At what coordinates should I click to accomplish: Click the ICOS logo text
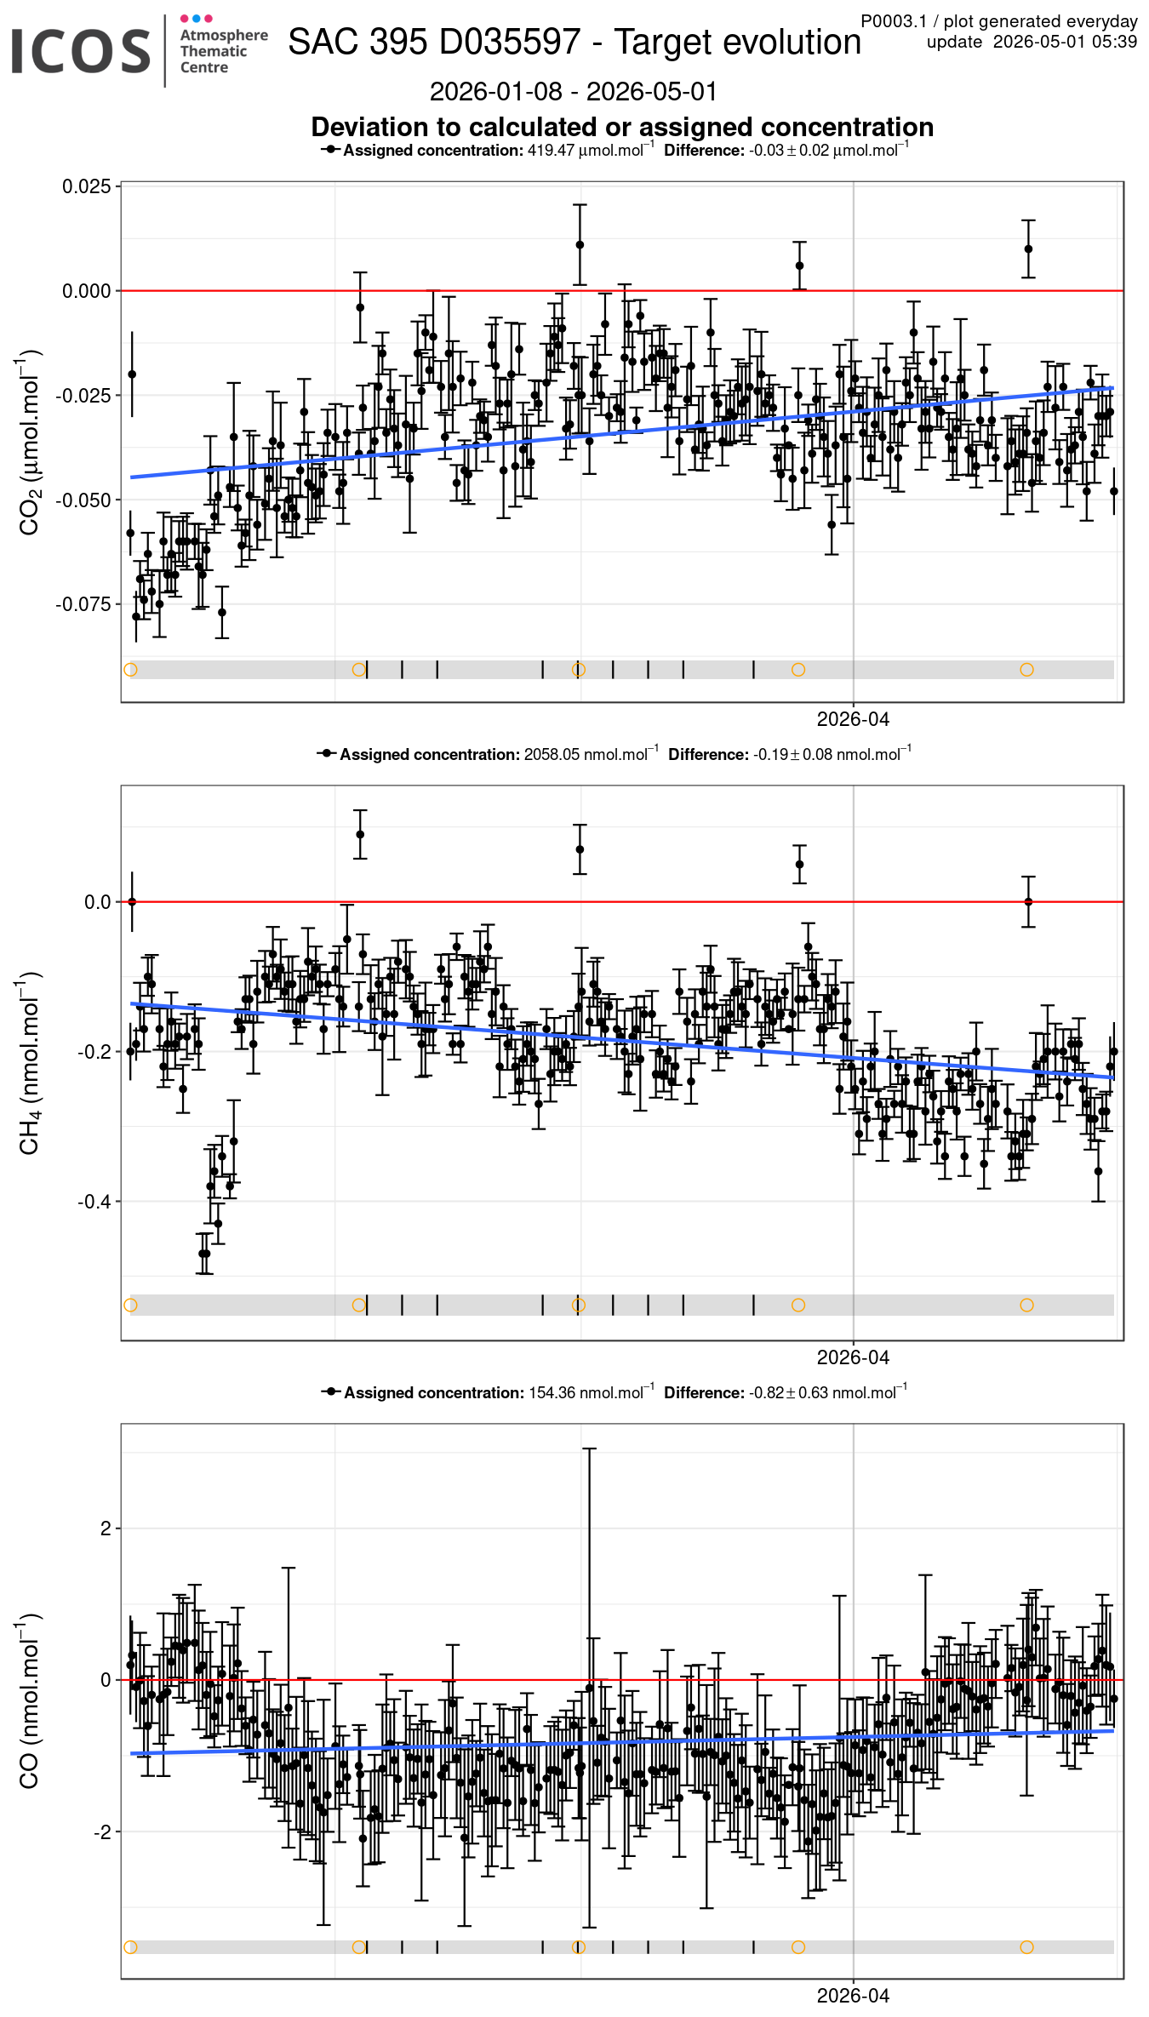coord(81,51)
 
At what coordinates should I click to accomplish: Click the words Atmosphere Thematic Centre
coord(224,51)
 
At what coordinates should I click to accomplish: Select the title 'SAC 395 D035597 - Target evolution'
coord(574,42)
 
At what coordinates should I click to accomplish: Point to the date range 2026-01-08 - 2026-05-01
coord(574,91)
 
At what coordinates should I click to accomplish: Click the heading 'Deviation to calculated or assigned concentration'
coord(622,127)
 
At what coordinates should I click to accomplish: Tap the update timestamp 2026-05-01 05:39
coord(1065,42)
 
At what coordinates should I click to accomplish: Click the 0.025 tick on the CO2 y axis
coord(87,186)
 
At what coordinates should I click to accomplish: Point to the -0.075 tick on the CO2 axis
coord(83,604)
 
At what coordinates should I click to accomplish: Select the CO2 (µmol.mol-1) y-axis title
coord(29,442)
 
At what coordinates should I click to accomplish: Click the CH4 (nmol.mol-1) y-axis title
coord(29,1062)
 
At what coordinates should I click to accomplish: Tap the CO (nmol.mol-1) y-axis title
coord(29,1700)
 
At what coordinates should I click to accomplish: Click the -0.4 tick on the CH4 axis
coord(94,1202)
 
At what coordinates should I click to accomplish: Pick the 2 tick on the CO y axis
coord(106,1528)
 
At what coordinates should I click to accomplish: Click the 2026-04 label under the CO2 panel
coord(853,719)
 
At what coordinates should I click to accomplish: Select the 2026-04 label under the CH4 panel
coord(853,1357)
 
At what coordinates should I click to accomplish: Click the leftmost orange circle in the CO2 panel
coord(130,670)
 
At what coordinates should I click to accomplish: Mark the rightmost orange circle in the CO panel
coord(1026,1947)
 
